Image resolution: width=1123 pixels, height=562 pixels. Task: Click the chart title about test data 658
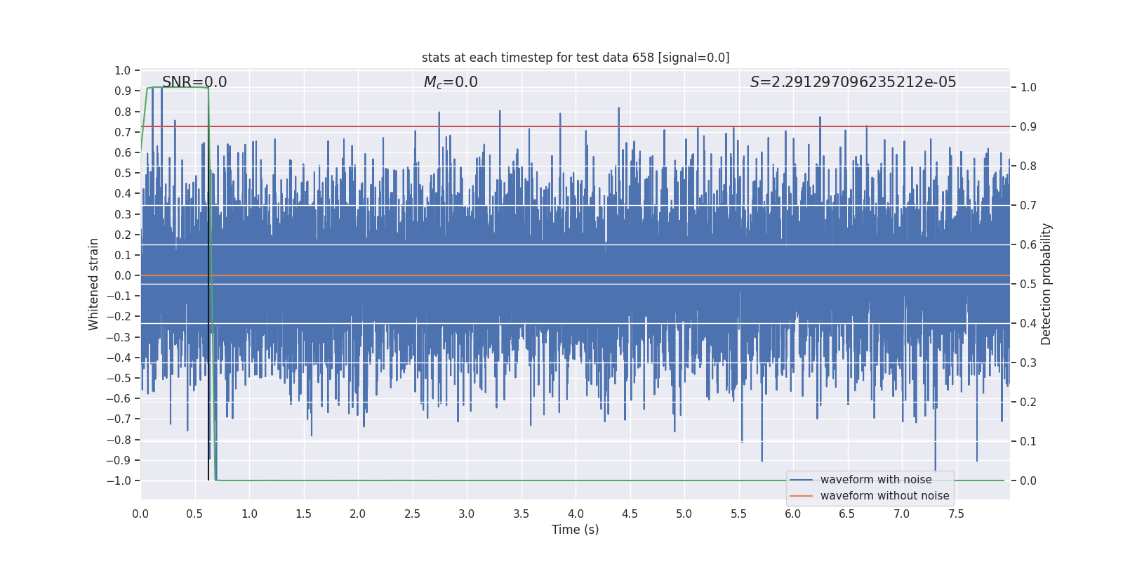pyautogui.click(x=576, y=58)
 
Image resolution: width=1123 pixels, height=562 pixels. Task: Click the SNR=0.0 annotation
pyautogui.click(x=194, y=82)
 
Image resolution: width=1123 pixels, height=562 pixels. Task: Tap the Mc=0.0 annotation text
pyautogui.click(x=451, y=82)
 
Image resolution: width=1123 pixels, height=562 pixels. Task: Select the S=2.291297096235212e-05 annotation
pyautogui.click(x=853, y=82)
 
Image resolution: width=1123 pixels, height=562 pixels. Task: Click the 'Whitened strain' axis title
pyautogui.click(x=94, y=284)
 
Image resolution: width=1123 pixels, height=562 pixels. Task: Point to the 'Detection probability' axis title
pyautogui.click(x=1046, y=284)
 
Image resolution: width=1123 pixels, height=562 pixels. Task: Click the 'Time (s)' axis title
pyautogui.click(x=575, y=530)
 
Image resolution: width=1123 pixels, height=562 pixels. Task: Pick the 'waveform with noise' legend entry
pyautogui.click(x=875, y=480)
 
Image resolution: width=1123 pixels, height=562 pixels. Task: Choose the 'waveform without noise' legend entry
pyautogui.click(x=884, y=496)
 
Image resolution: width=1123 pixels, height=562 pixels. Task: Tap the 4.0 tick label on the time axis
pyautogui.click(x=576, y=514)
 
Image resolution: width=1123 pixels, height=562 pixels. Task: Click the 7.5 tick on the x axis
pyautogui.click(x=956, y=514)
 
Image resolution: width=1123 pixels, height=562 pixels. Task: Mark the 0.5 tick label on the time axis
pyautogui.click(x=195, y=514)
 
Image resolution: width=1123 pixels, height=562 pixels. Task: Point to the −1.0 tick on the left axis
pyautogui.click(x=119, y=481)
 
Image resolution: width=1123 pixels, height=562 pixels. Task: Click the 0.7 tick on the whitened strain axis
pyautogui.click(x=123, y=132)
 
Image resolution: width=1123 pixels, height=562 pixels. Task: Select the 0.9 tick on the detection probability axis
pyautogui.click(x=1028, y=127)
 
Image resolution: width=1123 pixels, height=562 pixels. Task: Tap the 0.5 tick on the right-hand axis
pyautogui.click(x=1028, y=285)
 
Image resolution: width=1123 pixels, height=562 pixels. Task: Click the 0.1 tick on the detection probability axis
pyautogui.click(x=1028, y=442)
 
